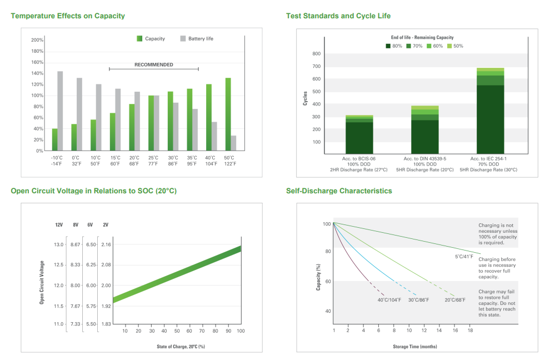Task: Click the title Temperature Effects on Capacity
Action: click(x=68, y=16)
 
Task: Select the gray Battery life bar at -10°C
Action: click(x=60, y=111)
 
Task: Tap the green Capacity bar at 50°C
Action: click(x=228, y=114)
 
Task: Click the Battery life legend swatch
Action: click(x=183, y=39)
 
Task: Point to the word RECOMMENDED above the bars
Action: click(x=154, y=65)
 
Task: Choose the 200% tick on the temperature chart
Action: click(x=37, y=40)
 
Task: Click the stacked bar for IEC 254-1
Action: click(x=490, y=111)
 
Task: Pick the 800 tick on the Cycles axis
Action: click(x=317, y=54)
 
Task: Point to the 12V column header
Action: click(x=59, y=225)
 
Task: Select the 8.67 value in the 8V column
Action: click(x=76, y=244)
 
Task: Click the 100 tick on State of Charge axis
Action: click(x=241, y=331)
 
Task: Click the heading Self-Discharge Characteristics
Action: click(x=339, y=191)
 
